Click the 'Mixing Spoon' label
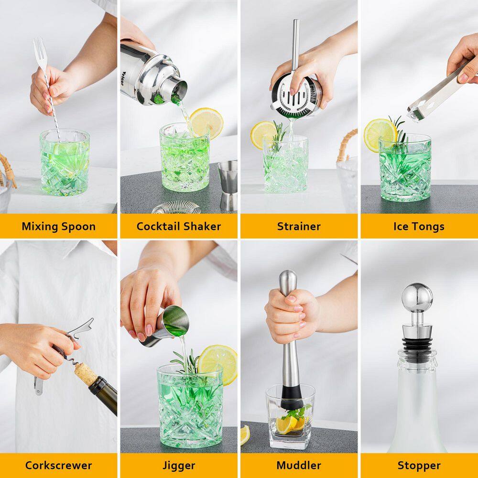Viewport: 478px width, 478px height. pos(58,226)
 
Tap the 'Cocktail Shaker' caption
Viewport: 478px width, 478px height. pos(179,226)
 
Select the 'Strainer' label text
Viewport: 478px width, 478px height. pos(299,226)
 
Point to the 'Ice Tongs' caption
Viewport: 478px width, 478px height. pos(419,226)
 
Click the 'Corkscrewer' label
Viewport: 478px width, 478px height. pos(58,465)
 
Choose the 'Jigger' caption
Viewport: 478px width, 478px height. pos(179,465)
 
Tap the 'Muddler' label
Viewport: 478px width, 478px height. pos(299,465)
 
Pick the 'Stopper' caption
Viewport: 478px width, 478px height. pos(419,465)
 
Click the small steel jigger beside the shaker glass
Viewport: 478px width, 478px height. pos(228,184)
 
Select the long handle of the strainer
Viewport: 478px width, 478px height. pos(296,43)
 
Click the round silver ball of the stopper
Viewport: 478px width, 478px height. pos(417,296)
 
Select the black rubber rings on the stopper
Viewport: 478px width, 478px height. pos(417,343)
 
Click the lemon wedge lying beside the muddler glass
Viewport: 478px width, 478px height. pos(245,434)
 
